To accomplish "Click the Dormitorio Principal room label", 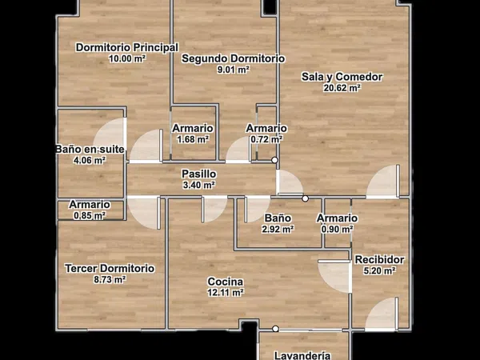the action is pyautogui.click(x=127, y=47).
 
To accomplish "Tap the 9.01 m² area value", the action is pyautogui.click(x=233, y=70).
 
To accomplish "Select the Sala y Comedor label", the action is pyautogui.click(x=342, y=77).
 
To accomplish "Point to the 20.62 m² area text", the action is pyautogui.click(x=342, y=88).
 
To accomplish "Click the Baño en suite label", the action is pyautogui.click(x=90, y=150).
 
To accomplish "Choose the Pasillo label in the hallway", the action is pyautogui.click(x=199, y=174).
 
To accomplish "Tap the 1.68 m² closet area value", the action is pyautogui.click(x=193, y=139).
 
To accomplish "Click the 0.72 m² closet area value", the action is pyautogui.click(x=266, y=139).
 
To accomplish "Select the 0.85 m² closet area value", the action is pyautogui.click(x=90, y=215).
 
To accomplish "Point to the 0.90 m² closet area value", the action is pyautogui.click(x=337, y=229).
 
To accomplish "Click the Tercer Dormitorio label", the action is pyautogui.click(x=110, y=269).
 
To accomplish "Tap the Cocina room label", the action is pyautogui.click(x=226, y=282).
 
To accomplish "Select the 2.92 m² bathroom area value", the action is pyautogui.click(x=278, y=229).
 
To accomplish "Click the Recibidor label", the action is pyautogui.click(x=379, y=259).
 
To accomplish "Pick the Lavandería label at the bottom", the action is pyautogui.click(x=302, y=355).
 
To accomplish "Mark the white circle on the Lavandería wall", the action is pyautogui.click(x=275, y=329).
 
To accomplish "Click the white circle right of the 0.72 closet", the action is pyautogui.click(x=275, y=160).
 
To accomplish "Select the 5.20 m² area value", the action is pyautogui.click(x=379, y=270).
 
